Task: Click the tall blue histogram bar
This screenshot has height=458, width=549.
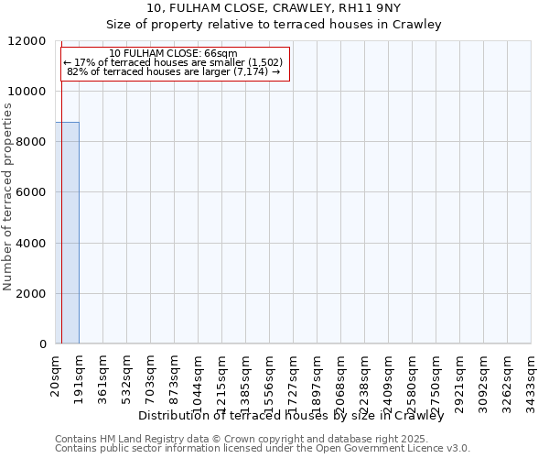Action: point(67,233)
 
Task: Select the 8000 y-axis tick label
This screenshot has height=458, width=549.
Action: point(30,142)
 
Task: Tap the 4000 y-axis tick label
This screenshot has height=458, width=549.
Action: point(30,244)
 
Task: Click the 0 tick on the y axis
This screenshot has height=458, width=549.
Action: point(43,344)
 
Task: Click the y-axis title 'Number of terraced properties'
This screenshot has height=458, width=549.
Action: point(9,197)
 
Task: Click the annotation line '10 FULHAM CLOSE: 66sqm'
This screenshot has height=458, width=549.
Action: point(173,54)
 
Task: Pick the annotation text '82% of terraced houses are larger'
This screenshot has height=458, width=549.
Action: point(173,71)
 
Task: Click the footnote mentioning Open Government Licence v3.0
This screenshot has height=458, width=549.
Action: point(263,448)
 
